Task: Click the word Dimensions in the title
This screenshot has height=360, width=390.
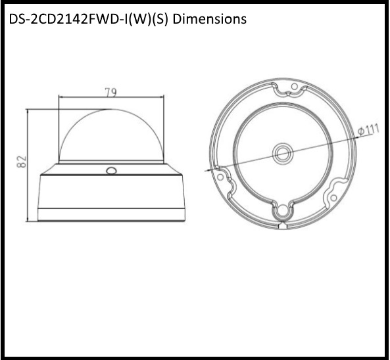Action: [210, 19]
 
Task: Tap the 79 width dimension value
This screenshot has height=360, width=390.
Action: [111, 93]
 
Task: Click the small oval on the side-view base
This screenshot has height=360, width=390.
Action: [110, 171]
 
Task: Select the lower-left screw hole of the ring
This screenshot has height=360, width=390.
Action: [223, 176]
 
